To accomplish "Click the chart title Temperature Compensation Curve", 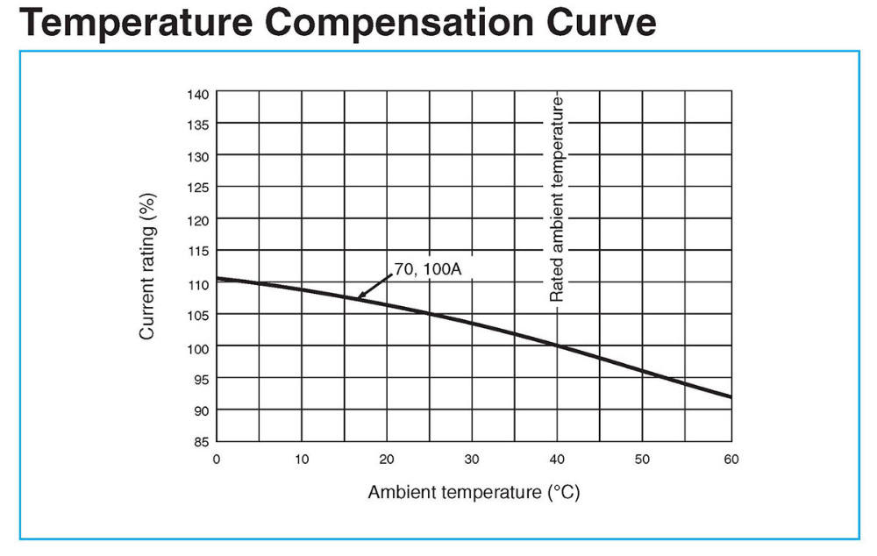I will pos(337,24).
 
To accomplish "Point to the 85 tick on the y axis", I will pos(198,441).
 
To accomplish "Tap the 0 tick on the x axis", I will pos(217,459).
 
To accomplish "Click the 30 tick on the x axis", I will pos(472,459).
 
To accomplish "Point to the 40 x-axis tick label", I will pos(557,459).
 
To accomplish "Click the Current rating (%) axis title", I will pos(148,267).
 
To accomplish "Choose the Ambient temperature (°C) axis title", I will pos(474,492).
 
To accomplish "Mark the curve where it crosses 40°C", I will pos(557,345).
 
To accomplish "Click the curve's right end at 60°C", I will pos(729,396).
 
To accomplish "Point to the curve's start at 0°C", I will pos(218,279).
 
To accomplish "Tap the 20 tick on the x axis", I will pos(387,459).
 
